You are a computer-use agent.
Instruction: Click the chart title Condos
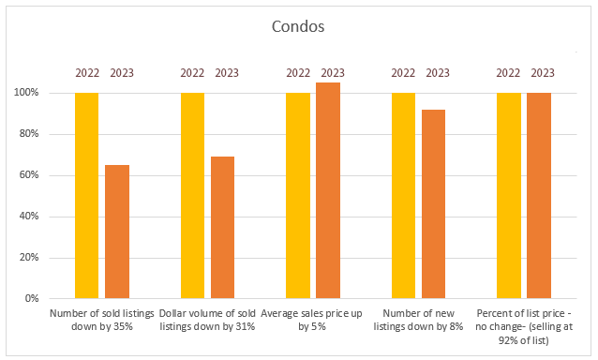tap(298, 26)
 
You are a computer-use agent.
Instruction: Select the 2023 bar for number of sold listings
tap(117, 232)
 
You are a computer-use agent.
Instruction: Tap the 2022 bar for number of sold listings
tap(86, 196)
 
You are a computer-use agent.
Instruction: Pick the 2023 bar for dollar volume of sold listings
tap(222, 227)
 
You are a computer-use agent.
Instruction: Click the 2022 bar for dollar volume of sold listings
tap(192, 196)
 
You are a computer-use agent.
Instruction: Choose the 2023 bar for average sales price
tap(328, 190)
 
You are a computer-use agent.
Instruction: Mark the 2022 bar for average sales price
tap(298, 196)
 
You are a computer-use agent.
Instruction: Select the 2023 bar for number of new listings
tap(433, 204)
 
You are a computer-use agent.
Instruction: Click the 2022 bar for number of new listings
tap(403, 196)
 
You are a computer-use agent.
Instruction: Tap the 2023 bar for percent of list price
tap(539, 196)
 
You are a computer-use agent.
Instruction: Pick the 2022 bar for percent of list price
tap(509, 196)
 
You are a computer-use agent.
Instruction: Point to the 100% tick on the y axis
tap(26, 93)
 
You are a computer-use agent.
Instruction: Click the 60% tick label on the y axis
tap(28, 175)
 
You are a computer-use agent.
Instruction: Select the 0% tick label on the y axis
tap(32, 298)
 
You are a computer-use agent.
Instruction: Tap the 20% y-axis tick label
tap(28, 258)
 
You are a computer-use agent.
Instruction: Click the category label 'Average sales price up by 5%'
tap(311, 320)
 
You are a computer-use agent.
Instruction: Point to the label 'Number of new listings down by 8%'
tap(418, 320)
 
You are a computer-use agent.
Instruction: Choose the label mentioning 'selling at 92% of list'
tap(524, 326)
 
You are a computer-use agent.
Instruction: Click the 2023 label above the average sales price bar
tap(333, 73)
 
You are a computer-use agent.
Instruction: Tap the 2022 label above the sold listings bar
tap(87, 73)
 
